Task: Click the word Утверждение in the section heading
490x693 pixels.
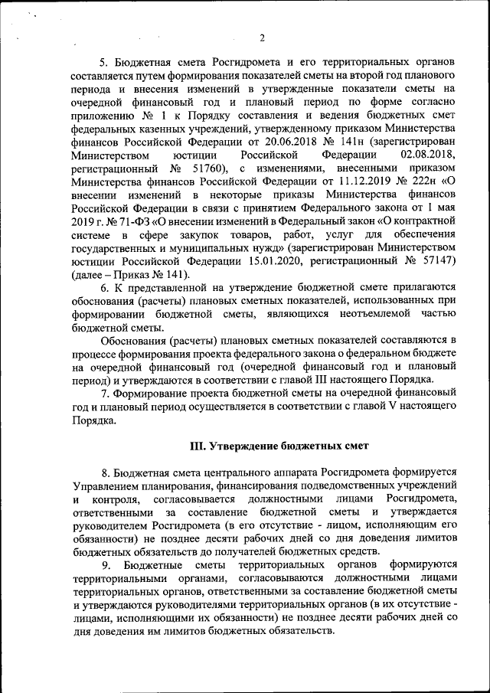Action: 247,445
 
